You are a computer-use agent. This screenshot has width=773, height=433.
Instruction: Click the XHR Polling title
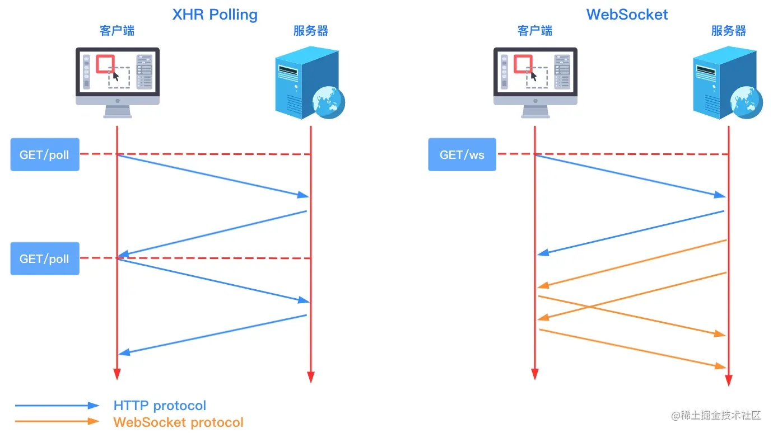tap(215, 15)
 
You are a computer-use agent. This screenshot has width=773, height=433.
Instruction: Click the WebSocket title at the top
tap(627, 15)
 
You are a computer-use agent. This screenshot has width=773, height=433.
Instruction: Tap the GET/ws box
tap(462, 154)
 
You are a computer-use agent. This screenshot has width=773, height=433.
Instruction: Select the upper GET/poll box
tap(45, 154)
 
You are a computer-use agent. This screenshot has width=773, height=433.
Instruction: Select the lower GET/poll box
tap(45, 258)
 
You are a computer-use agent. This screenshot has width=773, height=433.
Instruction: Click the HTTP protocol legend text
tap(160, 406)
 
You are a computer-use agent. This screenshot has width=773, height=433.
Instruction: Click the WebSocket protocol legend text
tap(179, 422)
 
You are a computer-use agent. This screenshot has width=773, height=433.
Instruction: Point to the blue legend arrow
tap(57, 406)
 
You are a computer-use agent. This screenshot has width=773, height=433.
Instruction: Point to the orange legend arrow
tap(57, 421)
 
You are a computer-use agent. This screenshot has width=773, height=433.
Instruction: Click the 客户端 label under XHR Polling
tap(117, 31)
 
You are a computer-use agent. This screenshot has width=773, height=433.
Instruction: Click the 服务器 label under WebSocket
tap(729, 31)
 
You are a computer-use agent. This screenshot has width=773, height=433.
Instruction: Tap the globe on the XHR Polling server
tap(328, 102)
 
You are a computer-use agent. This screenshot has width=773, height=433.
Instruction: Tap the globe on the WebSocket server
tap(747, 102)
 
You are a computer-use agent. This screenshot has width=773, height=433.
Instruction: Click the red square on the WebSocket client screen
tap(523, 64)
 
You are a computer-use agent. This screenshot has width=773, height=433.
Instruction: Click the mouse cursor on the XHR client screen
tap(115, 76)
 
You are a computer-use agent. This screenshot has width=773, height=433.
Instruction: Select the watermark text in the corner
tap(716, 416)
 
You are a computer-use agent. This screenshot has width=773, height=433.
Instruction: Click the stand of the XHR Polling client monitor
tap(118, 111)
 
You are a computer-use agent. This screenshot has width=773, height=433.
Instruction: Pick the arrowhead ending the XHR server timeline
tap(310, 377)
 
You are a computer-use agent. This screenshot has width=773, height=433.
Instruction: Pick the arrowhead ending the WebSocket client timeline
tap(535, 374)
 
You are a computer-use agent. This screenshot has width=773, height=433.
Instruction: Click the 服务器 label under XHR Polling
tap(310, 31)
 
